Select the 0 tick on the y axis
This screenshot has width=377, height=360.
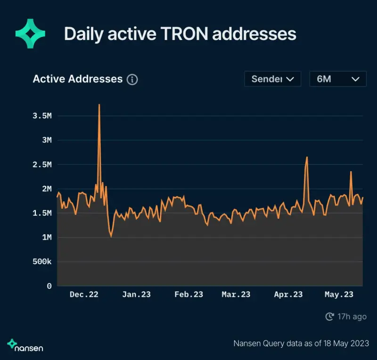tap(49, 286)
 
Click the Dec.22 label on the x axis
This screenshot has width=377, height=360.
tap(84, 295)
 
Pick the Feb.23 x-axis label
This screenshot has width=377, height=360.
tap(188, 295)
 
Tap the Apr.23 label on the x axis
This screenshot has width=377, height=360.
tap(288, 295)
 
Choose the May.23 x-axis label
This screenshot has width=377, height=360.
tap(339, 295)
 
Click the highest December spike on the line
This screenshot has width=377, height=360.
tap(99, 105)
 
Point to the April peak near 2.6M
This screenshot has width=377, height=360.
tap(307, 157)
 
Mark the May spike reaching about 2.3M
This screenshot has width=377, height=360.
tap(351, 172)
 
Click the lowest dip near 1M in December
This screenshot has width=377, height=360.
tap(111, 237)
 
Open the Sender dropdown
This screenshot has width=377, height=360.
tap(272, 79)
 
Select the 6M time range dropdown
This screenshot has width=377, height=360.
tap(337, 79)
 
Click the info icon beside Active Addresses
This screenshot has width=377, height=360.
tap(132, 80)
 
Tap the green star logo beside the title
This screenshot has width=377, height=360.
tap(30, 34)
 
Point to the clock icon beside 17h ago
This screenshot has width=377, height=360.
tap(330, 317)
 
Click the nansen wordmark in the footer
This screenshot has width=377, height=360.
tap(28, 348)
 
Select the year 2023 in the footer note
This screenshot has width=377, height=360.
tap(359, 344)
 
